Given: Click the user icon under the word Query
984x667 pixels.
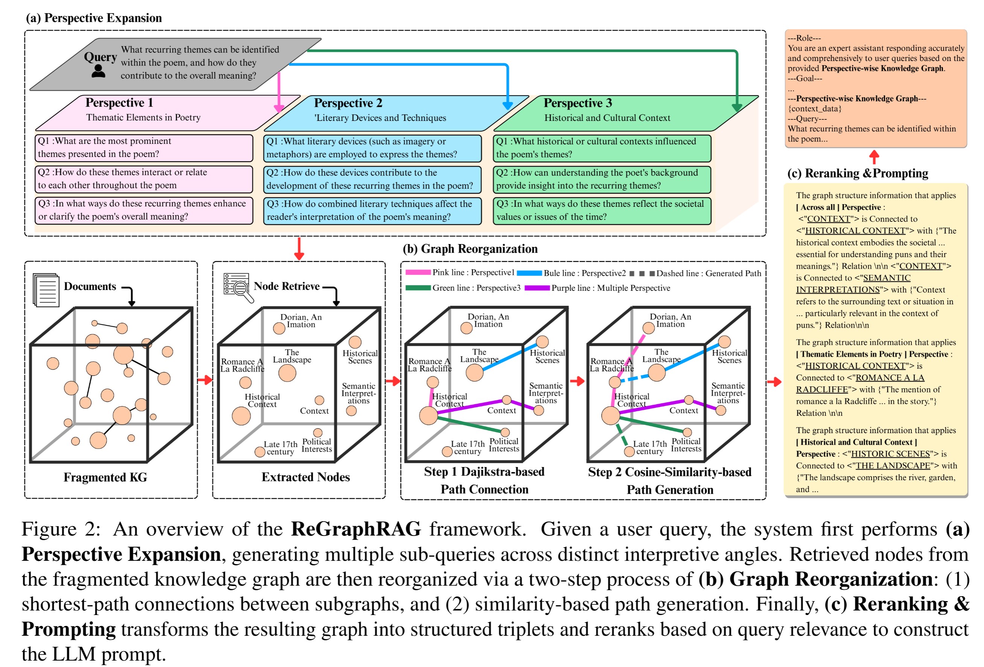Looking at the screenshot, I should click(x=98, y=71).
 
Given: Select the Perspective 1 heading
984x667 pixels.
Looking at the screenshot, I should click(x=119, y=102).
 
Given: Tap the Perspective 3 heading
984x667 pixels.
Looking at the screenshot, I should click(x=577, y=103).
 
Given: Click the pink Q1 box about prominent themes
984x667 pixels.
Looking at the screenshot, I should click(x=143, y=148).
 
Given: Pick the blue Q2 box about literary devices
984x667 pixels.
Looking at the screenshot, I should click(x=372, y=179).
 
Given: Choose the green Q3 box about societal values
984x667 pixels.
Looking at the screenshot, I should click(x=602, y=211).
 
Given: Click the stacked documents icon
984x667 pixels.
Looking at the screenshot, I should click(x=46, y=290).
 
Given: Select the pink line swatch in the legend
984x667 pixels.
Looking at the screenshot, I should click(x=417, y=273).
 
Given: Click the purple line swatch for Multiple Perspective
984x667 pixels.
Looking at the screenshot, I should click(x=537, y=288).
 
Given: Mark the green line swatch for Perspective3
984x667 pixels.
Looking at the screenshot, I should click(x=417, y=288).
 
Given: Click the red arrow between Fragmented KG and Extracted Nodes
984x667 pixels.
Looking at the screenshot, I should click(x=205, y=380).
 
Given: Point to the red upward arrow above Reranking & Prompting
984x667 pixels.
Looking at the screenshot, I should click(x=874, y=157).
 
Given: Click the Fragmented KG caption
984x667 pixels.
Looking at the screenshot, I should click(x=105, y=478).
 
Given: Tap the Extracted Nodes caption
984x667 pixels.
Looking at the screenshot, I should click(x=305, y=477).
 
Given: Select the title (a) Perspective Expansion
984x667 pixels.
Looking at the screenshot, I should click(x=94, y=18).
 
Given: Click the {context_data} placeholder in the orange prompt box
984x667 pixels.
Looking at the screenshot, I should click(x=814, y=109).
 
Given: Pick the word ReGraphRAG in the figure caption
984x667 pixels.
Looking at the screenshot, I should click(x=356, y=530).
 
